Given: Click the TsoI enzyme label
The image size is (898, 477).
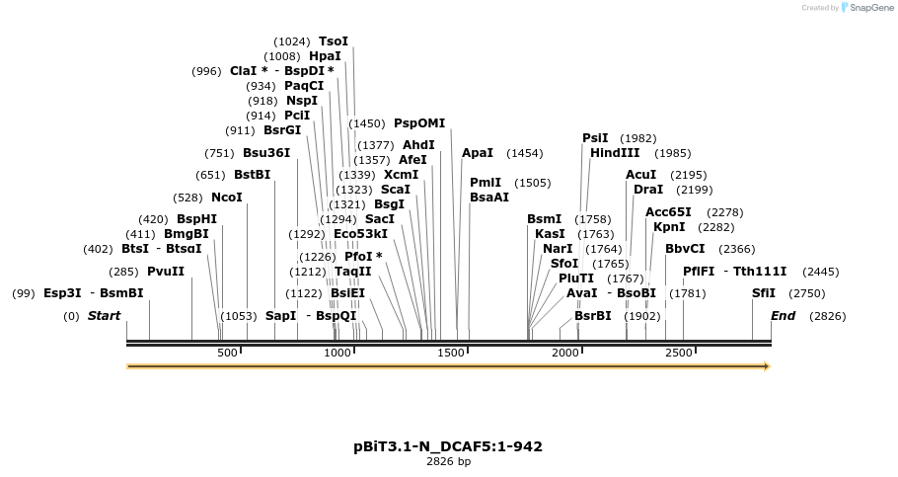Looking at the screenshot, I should [333, 41].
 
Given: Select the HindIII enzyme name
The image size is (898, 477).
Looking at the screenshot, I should [615, 153].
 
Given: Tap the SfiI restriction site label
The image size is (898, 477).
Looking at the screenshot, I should [764, 293].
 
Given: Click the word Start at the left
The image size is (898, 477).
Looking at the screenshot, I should [104, 316].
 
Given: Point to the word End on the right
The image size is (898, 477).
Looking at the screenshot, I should [783, 316].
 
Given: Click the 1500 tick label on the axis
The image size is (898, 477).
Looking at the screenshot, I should [451, 353].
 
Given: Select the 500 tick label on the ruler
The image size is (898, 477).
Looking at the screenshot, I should [228, 353].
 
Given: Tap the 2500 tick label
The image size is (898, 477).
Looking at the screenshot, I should [678, 353].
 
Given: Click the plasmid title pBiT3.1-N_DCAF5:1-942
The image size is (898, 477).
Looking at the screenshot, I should [448, 446].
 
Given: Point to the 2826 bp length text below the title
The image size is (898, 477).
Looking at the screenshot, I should [448, 461].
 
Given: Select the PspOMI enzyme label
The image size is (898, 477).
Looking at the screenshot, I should [419, 123].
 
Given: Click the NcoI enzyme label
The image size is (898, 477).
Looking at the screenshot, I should [226, 198].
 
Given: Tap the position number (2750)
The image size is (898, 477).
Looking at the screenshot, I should [807, 293].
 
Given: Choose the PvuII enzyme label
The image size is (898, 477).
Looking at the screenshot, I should [166, 272].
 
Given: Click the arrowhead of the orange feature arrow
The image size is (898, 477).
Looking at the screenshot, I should [765, 366].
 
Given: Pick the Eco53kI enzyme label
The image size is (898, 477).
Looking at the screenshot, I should [360, 234].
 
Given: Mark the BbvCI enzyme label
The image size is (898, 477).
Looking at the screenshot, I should [685, 249].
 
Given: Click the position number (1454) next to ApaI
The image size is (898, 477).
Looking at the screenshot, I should [524, 153].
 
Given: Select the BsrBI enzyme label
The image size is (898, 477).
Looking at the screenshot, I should [592, 316].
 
